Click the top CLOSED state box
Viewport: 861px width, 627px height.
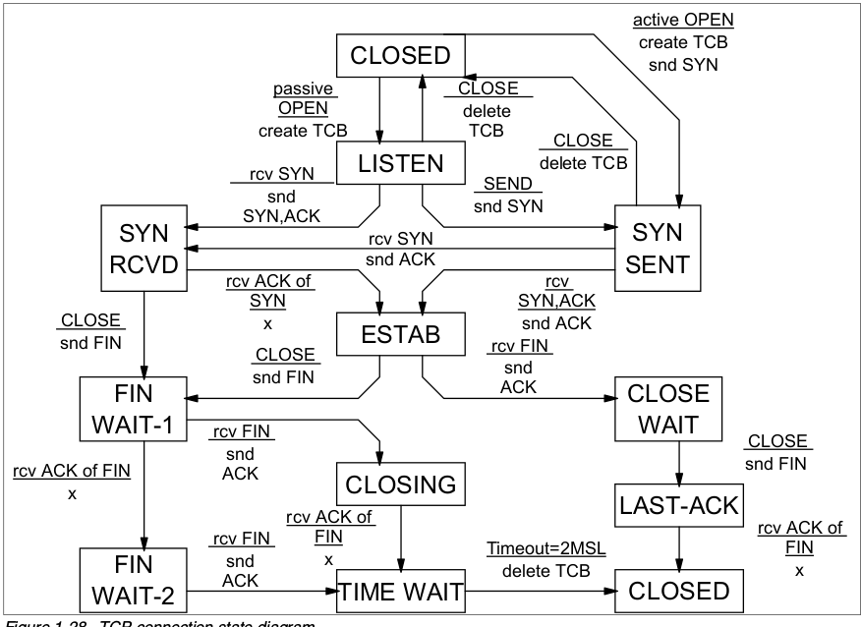400,54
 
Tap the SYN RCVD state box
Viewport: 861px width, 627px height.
144,250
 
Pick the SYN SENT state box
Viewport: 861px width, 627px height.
658,250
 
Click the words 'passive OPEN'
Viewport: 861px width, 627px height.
304,97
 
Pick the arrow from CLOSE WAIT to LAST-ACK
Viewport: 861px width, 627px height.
678,463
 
